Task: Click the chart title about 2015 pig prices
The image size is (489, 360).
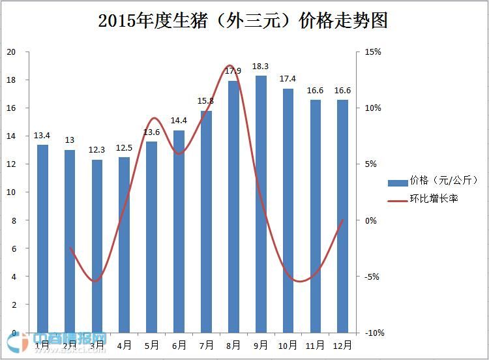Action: (243, 21)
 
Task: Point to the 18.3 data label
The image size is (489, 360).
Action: (261, 67)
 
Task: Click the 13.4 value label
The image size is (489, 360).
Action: (42, 136)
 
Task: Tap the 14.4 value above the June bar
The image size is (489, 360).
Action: (179, 121)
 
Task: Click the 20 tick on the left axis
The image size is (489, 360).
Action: (11, 52)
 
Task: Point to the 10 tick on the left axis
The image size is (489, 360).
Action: (11, 192)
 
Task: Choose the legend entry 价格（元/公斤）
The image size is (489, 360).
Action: (443, 181)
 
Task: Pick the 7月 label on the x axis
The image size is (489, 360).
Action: (206, 345)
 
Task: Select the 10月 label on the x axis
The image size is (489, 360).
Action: (288, 345)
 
